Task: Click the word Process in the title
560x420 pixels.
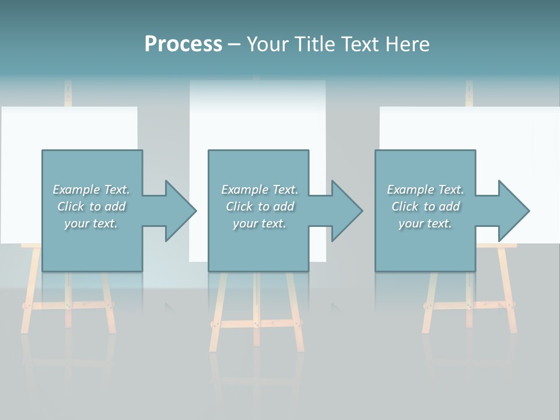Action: point(183,44)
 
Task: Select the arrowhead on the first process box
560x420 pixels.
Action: point(178,211)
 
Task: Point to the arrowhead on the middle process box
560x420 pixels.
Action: point(345,211)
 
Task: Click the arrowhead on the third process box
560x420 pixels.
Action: point(512,211)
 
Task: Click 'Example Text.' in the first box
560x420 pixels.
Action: point(91,190)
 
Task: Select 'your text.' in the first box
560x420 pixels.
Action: point(91,223)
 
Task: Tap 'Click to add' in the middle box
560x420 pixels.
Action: point(260,206)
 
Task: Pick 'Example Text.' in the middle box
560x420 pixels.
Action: point(260,190)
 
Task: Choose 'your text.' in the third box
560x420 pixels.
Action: point(425,223)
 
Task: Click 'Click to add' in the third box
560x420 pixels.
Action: point(425,206)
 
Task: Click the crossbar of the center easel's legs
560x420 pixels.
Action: point(257,323)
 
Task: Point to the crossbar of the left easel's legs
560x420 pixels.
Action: point(68,305)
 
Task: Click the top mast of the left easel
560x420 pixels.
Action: point(68,93)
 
